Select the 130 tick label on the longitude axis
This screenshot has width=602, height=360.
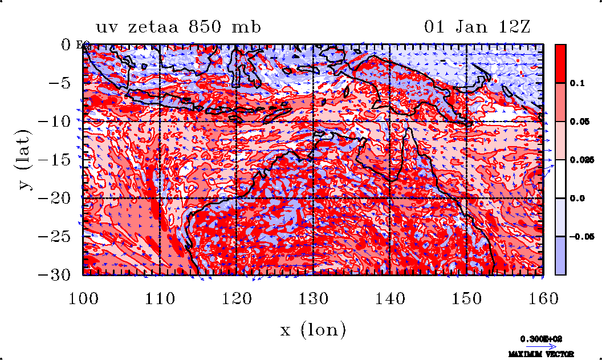[x=313, y=298]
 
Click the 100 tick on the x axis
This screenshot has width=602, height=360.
[x=83, y=298]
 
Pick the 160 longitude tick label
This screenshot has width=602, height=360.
[x=543, y=298]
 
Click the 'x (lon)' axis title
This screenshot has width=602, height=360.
[x=313, y=329]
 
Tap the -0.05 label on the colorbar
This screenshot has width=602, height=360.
[x=580, y=236]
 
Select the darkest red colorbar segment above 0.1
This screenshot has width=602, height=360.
[x=560, y=63]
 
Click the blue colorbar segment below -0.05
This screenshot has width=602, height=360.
[x=560, y=255]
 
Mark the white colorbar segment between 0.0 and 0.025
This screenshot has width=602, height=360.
[x=560, y=179]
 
